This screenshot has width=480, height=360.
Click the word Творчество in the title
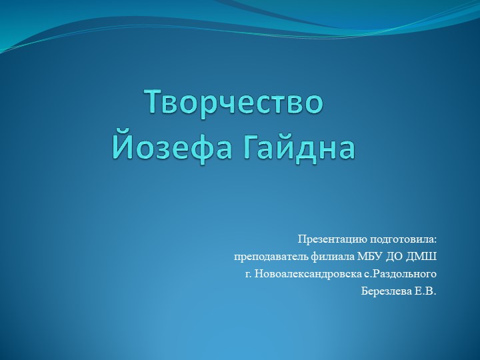click(x=234, y=102)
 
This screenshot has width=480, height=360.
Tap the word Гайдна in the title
click(x=297, y=147)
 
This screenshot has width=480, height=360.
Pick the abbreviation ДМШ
click(x=424, y=256)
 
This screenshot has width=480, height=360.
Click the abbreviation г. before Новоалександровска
click(x=248, y=274)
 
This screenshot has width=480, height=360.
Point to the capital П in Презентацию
click(x=301, y=239)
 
